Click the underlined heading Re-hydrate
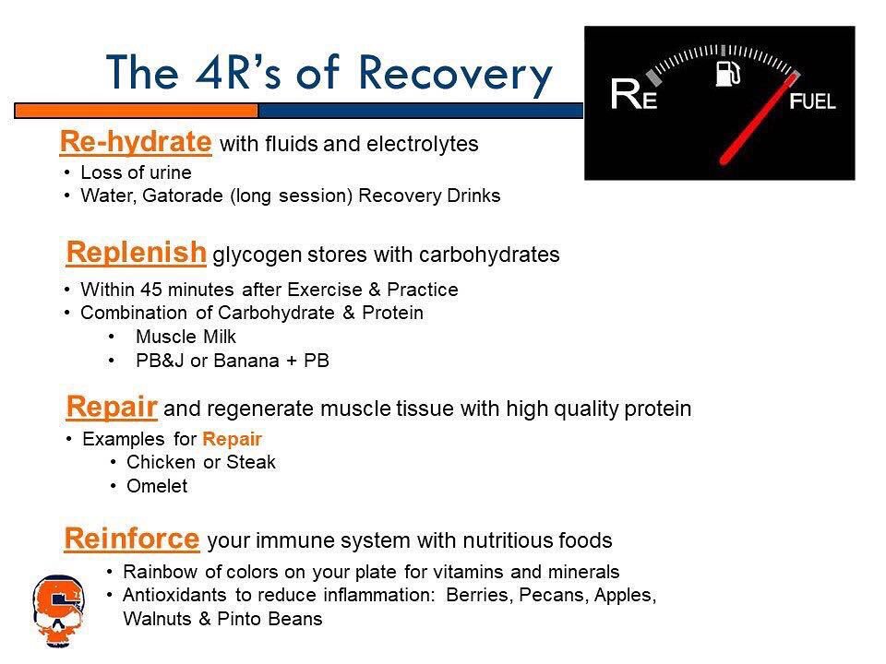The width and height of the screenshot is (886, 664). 135,142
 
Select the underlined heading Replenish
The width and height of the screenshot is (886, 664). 137,252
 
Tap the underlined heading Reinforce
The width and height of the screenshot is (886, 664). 133,537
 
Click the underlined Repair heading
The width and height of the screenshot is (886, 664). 112,407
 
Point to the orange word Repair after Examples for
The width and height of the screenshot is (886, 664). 233,439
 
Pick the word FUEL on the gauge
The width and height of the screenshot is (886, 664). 812,101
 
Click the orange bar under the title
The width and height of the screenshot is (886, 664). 136,111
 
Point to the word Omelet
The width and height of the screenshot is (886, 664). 156,487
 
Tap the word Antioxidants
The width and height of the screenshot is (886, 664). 174,596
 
